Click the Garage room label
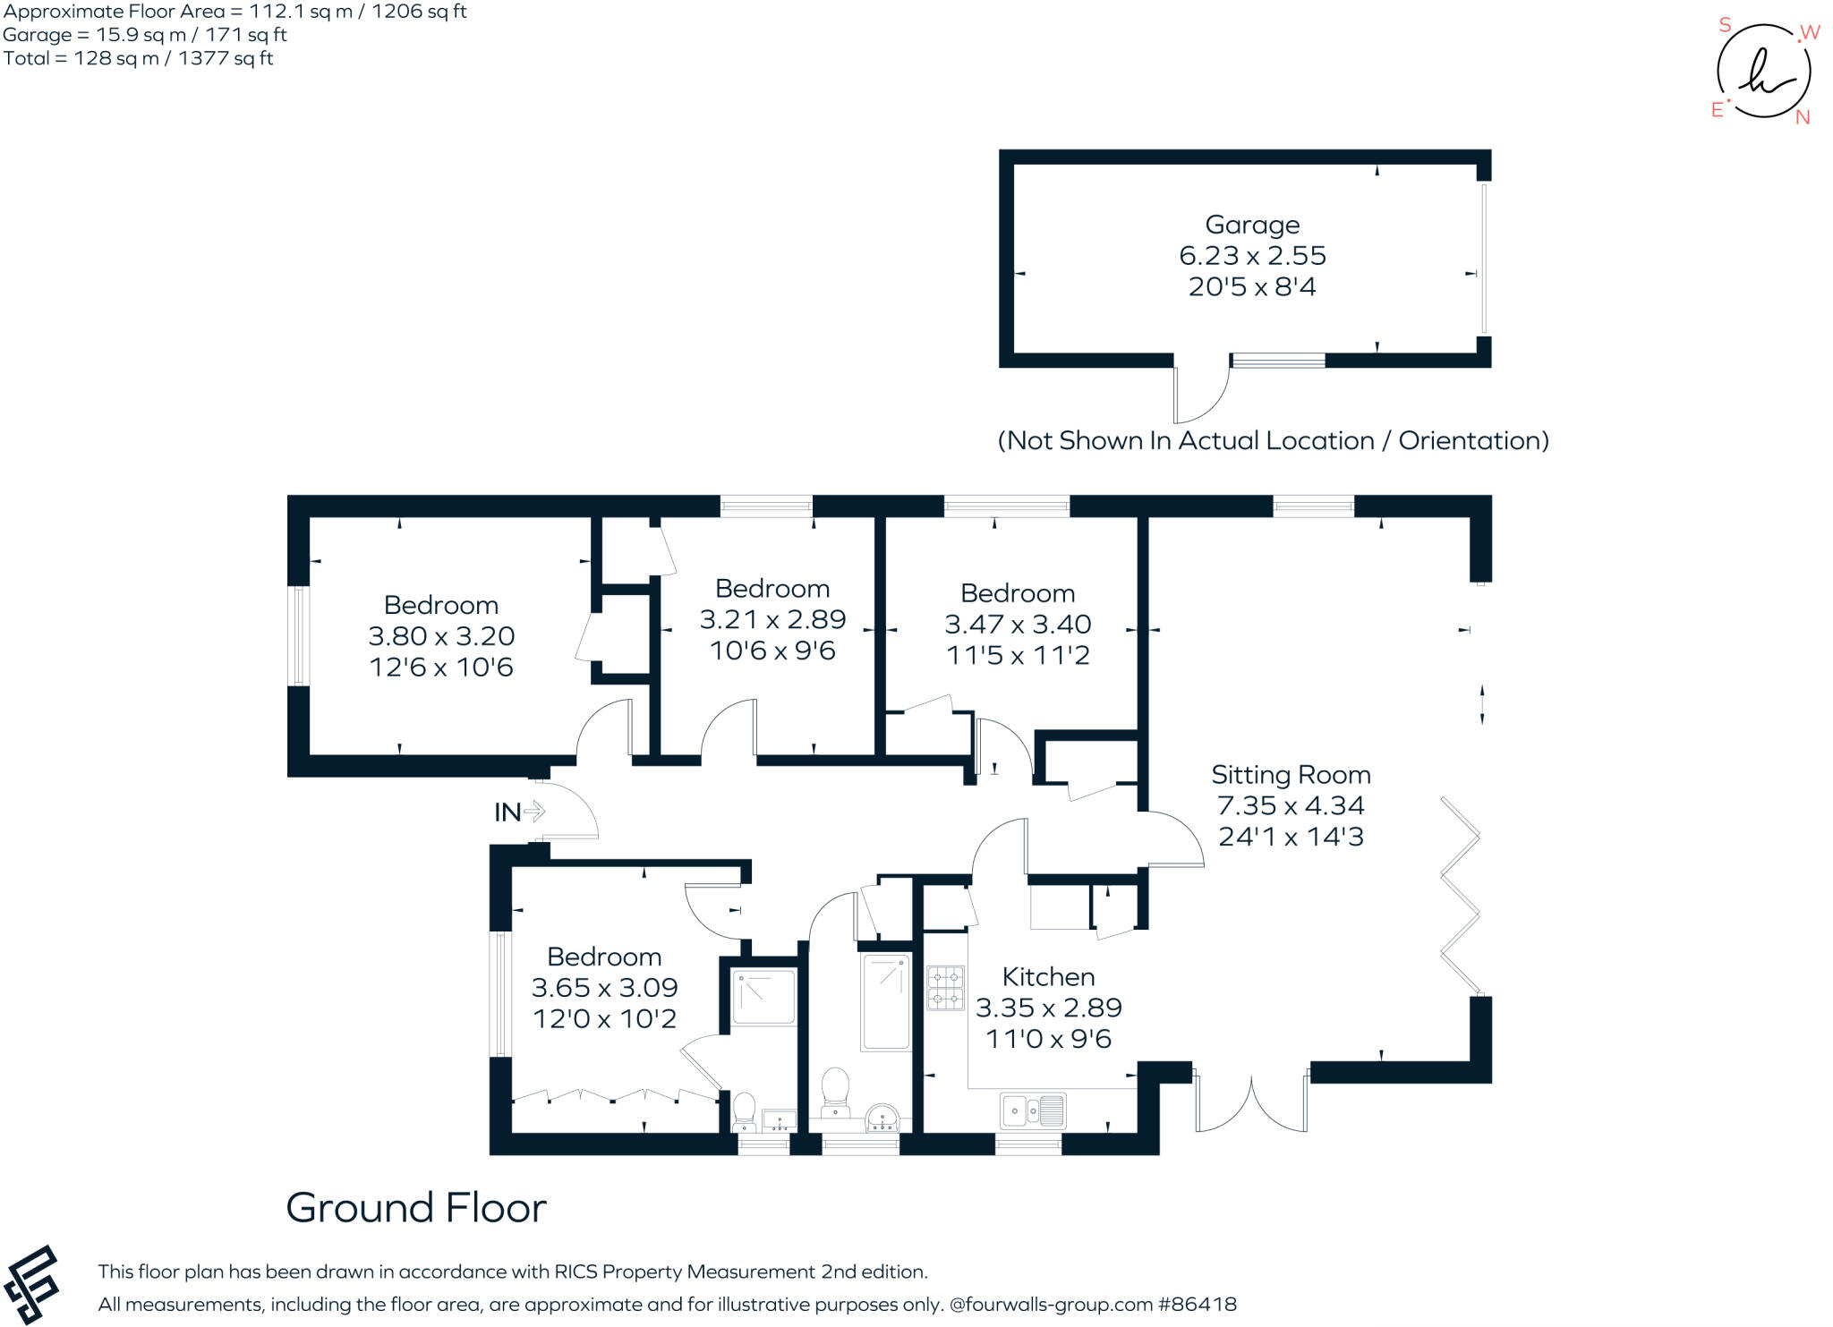[x=1251, y=225]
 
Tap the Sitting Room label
[x=1290, y=775]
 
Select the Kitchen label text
[x=1048, y=976]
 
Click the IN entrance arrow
[x=533, y=812]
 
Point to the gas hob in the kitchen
[x=945, y=988]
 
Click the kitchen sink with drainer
[x=1033, y=1111]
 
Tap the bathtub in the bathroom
[x=885, y=1002]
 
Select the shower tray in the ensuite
[x=763, y=996]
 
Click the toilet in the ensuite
[x=744, y=1110]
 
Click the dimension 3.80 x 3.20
[x=441, y=636]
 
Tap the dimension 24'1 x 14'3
[x=1290, y=837]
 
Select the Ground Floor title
[x=416, y=1208]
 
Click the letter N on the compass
[x=1803, y=117]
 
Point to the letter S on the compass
[x=1725, y=25]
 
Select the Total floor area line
[x=138, y=59]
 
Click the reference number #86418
[x=1198, y=1305]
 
